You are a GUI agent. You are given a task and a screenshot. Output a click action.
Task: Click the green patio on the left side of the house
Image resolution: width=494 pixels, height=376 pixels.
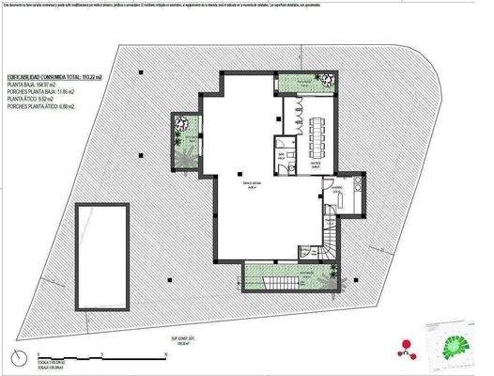[x=184, y=137]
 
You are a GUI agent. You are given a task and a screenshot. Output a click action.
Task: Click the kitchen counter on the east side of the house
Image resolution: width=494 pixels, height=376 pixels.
[x=358, y=194]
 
